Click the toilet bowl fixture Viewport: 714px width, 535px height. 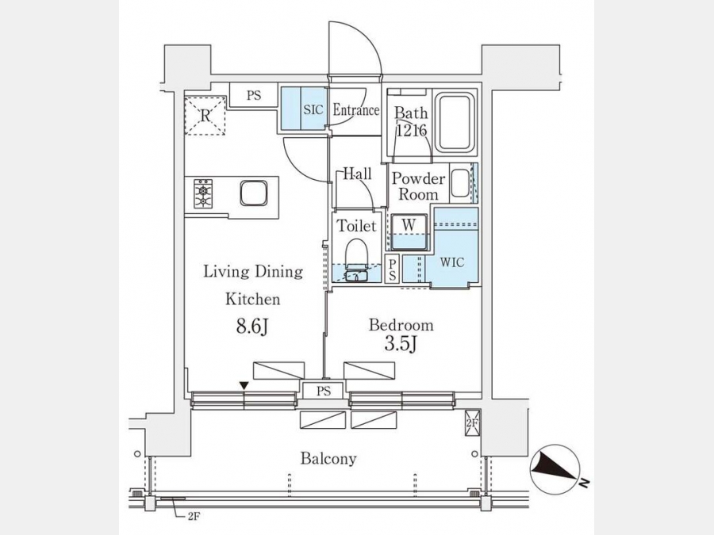tap(356, 261)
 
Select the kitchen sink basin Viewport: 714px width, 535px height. tap(254, 193)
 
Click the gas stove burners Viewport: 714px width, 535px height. tap(203, 194)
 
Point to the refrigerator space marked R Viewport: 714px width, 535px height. tap(205, 116)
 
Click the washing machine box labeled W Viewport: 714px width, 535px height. tap(409, 232)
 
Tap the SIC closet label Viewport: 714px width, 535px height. tap(313, 109)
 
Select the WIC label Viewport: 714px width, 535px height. tap(452, 262)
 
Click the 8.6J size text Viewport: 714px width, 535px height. tap(251, 327)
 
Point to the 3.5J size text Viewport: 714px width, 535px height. tap(401, 345)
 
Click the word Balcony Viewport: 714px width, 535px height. tap(328, 458)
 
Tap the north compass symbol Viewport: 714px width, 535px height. tap(555, 469)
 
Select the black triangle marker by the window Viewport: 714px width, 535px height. tap(244, 386)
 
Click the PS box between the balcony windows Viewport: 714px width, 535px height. tap(324, 391)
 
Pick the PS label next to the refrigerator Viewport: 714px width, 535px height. tap(254, 96)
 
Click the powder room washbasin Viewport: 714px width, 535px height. tap(461, 182)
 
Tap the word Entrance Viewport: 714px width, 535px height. tap(355, 109)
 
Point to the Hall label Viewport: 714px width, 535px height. tap(357, 174)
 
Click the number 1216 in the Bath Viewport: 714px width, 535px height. tap(412, 131)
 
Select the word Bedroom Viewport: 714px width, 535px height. tap(401, 325)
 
